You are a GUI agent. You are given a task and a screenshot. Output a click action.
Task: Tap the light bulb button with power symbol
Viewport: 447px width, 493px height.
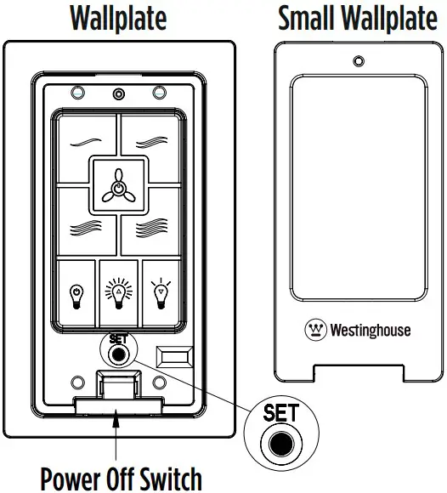pos(77,293)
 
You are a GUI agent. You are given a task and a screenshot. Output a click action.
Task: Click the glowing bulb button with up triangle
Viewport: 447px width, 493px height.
pos(118,293)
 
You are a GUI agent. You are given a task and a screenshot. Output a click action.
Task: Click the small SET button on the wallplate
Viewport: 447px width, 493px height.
pos(118,353)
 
